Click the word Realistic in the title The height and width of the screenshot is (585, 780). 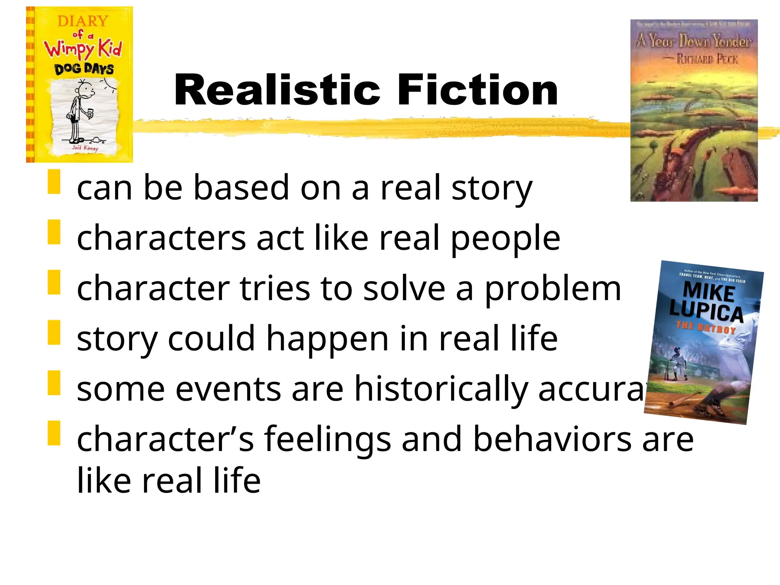point(277,90)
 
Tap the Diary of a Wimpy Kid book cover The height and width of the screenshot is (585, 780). point(80,85)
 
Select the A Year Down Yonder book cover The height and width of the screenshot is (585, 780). point(694,110)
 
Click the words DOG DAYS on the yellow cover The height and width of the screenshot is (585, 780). point(84,69)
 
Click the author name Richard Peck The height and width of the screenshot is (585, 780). point(707,59)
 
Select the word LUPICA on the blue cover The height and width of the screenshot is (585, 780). point(706,310)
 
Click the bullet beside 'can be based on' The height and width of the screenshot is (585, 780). point(54,182)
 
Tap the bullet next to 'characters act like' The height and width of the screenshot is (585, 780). point(54,232)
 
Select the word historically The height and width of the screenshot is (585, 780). point(441,388)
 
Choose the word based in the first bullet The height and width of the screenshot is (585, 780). point(241,187)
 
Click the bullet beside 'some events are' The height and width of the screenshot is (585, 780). point(54,383)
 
